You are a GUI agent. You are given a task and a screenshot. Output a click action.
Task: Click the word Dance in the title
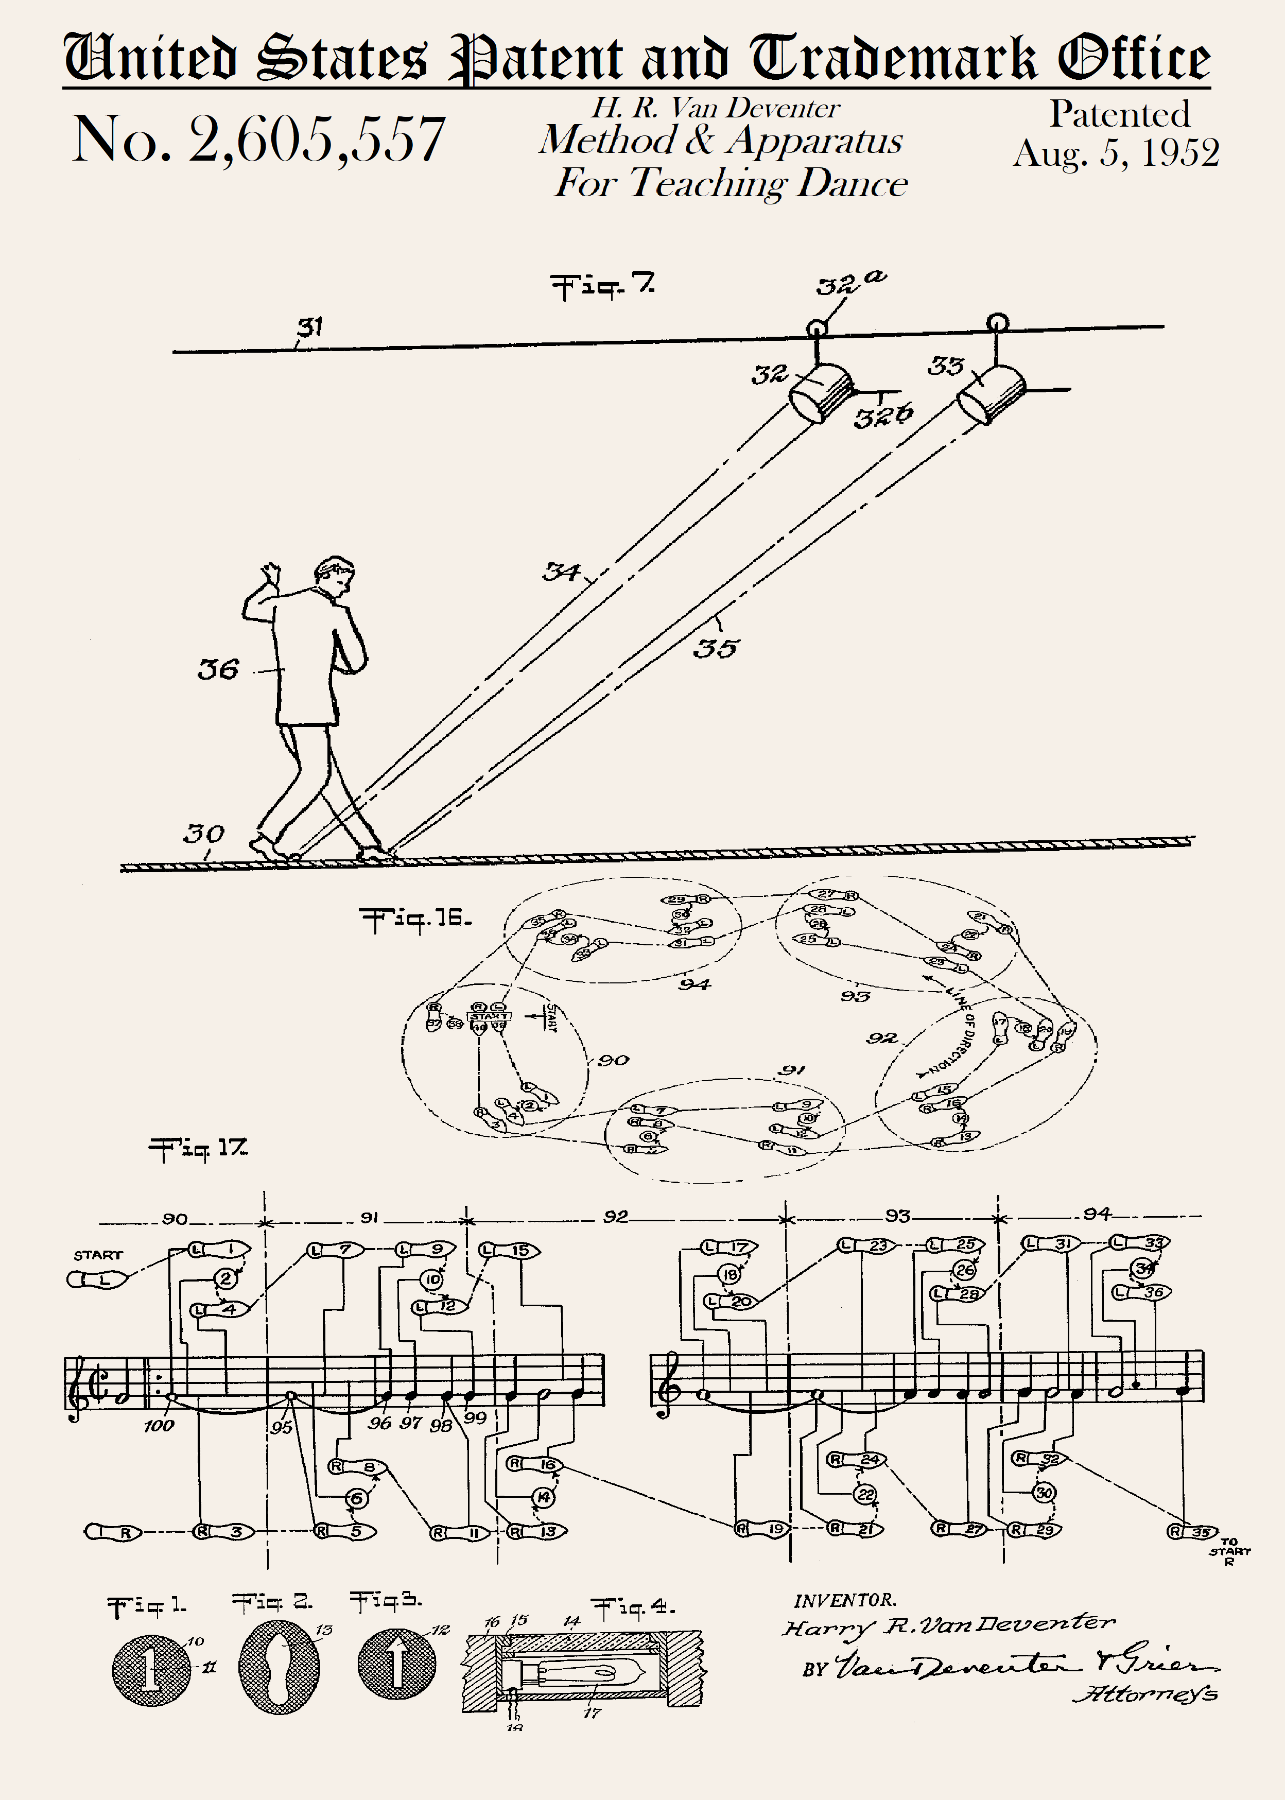(x=852, y=184)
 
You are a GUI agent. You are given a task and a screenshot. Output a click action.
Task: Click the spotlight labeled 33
(x=991, y=393)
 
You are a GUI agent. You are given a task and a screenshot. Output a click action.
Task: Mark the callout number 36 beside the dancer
(x=218, y=669)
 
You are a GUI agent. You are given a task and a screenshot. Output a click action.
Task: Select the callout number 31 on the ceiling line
(x=310, y=326)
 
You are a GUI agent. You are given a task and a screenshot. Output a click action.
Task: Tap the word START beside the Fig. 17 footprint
(x=98, y=1255)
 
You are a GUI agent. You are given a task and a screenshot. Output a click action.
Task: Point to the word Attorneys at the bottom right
(x=1144, y=1693)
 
